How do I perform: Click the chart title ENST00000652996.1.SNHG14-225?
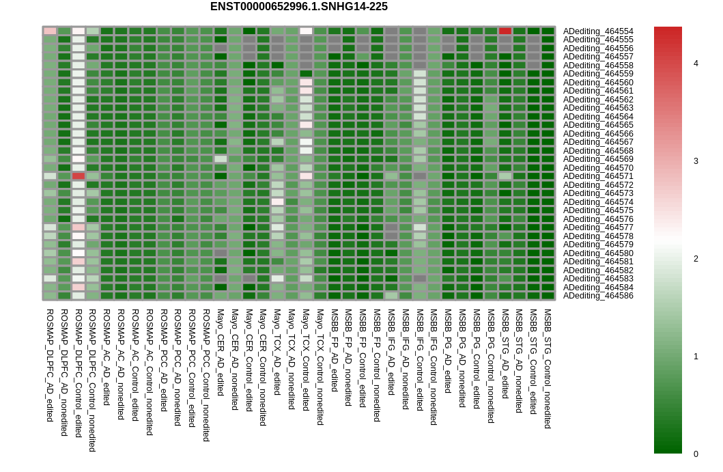[x=299, y=6]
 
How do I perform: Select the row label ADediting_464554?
[x=598, y=31]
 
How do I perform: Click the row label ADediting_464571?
[x=598, y=176]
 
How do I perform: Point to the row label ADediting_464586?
[x=598, y=296]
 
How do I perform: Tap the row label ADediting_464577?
[x=598, y=227]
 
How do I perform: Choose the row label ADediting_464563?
[x=598, y=108]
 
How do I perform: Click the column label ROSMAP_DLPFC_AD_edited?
[x=50, y=365]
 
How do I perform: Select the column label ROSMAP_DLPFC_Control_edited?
[x=79, y=373]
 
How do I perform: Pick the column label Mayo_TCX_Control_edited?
[x=305, y=360]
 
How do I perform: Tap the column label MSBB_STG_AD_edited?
[x=505, y=354]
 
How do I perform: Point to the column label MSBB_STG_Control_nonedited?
[x=548, y=369]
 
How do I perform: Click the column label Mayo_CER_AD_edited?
[x=221, y=352]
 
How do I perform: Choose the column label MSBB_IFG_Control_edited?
[x=419, y=360]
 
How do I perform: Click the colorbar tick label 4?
[x=696, y=64]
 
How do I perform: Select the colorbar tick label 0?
[x=696, y=454]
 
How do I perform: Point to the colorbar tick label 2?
[x=696, y=259]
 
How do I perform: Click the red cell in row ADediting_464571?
[x=79, y=176]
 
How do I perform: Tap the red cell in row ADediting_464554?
[x=505, y=31]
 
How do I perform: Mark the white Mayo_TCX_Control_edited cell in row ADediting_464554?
[x=306, y=31]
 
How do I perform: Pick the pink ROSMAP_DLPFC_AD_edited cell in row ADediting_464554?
[x=50, y=31]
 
